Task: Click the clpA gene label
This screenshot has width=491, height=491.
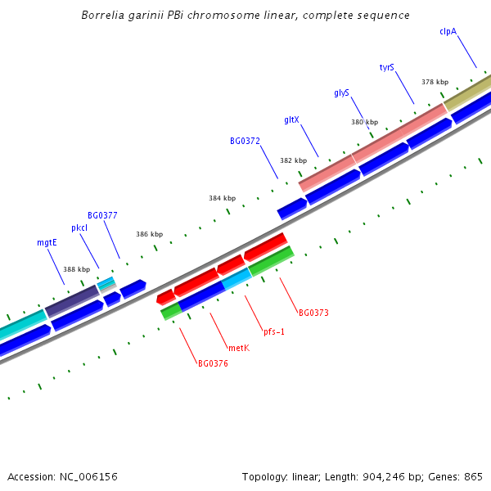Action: click(448, 31)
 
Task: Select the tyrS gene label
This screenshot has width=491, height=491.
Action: click(387, 67)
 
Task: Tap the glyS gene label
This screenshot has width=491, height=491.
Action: click(342, 93)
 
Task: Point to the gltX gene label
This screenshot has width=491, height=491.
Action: click(291, 119)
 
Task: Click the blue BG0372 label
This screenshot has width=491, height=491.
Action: click(245, 141)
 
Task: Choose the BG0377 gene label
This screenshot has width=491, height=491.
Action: click(102, 215)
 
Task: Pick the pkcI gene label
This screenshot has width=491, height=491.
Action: click(79, 227)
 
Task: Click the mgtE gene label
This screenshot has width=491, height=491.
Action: click(47, 242)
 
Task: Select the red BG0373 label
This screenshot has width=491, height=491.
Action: click(313, 313)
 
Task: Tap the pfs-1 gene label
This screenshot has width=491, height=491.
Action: click(274, 331)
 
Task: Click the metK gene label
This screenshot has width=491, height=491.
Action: click(238, 348)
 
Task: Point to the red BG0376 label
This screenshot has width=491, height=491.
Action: click(213, 363)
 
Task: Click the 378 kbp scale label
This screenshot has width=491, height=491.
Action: click(435, 82)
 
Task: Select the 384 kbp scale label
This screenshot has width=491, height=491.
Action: click(222, 198)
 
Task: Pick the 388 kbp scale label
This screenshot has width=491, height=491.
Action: click(76, 269)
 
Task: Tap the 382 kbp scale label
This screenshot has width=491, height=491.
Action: click(293, 160)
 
